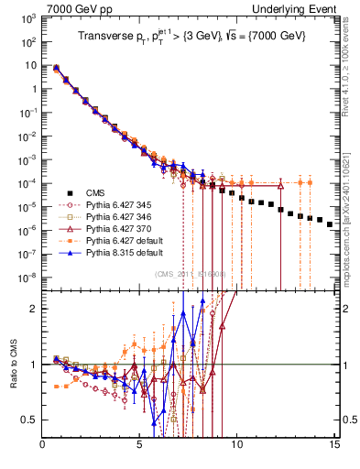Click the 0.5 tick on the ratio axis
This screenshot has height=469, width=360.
[30, 420]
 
